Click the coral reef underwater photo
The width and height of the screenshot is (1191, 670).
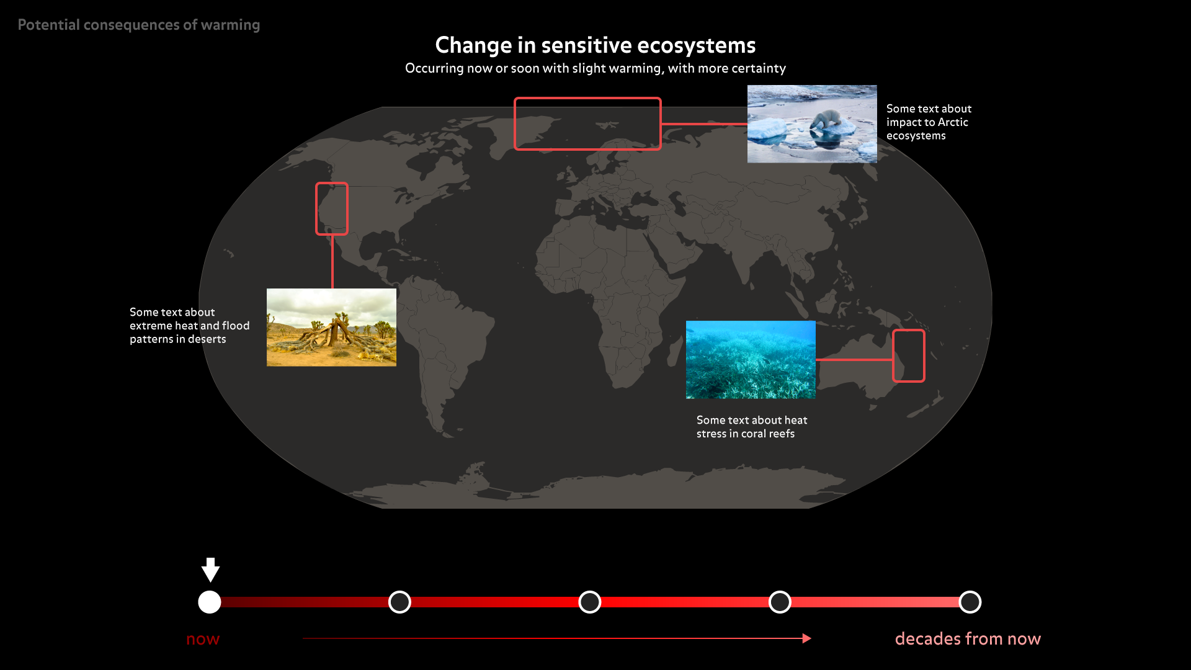tap(751, 360)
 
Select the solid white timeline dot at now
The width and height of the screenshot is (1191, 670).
tap(210, 602)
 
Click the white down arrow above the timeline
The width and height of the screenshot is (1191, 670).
tap(210, 569)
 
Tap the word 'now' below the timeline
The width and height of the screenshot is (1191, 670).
tap(203, 639)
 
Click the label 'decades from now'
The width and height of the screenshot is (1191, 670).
tap(968, 638)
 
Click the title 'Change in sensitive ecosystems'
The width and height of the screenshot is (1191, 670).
tap(595, 45)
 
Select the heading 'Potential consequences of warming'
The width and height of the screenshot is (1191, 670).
tap(139, 25)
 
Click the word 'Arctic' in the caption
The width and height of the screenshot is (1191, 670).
tap(953, 122)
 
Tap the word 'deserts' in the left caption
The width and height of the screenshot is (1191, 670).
tap(207, 339)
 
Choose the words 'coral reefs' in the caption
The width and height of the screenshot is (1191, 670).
tap(768, 434)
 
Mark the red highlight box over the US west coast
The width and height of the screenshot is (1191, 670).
tap(317, 208)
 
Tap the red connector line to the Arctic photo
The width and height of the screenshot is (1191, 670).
tap(705, 124)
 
